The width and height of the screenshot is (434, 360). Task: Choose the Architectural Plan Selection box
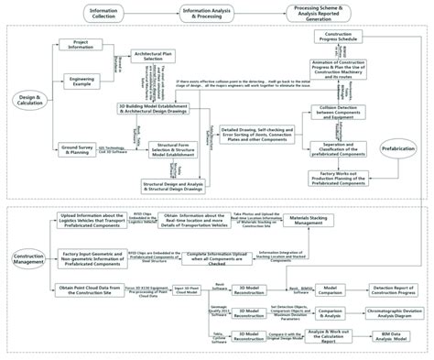[153, 56]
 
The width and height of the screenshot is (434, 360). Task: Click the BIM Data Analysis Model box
[394, 337]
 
